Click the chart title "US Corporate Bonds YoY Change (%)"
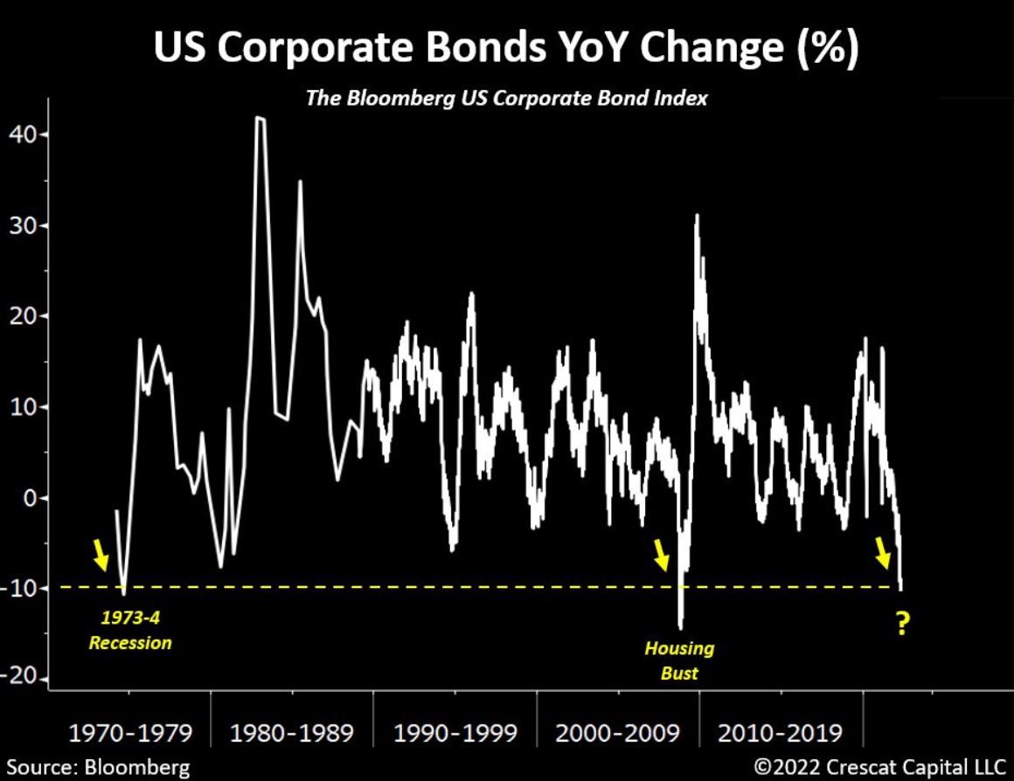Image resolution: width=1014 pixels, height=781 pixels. coord(506,50)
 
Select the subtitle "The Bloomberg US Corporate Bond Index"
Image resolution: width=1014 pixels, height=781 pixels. coord(506,99)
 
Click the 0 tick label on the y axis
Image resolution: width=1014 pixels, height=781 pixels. coord(29,498)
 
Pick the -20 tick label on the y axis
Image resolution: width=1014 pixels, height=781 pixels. coord(19,679)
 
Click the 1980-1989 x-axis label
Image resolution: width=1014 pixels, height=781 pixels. coord(292,732)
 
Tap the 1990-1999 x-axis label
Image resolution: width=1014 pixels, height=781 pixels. coord(455,732)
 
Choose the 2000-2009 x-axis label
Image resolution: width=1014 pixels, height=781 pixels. coord(617,732)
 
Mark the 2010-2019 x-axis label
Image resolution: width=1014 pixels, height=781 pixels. coord(781,732)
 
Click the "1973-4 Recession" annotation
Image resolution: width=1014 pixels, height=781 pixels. coord(130,630)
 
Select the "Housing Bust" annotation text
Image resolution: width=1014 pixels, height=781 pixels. coord(679,660)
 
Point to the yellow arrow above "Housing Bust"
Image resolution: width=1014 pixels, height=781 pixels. coord(662,554)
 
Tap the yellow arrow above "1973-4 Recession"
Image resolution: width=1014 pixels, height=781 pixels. coord(101,554)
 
